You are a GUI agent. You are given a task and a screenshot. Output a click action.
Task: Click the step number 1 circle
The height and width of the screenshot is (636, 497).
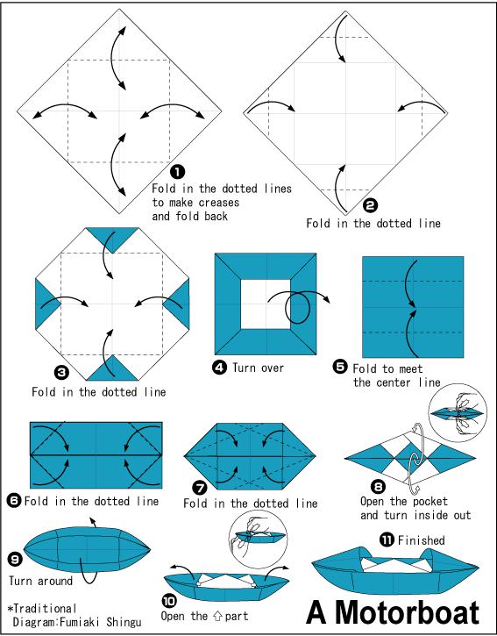(x=177, y=172)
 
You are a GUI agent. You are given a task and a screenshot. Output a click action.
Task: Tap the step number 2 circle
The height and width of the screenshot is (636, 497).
(x=370, y=206)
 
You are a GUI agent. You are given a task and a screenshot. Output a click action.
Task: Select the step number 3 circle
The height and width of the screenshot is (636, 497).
(x=61, y=372)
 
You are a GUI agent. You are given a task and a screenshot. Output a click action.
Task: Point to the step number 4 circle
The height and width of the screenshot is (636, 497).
(x=219, y=368)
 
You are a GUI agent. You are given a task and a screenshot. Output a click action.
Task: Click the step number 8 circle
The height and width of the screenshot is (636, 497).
(x=378, y=486)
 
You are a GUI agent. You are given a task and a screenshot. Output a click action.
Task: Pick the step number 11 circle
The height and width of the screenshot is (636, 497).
(x=387, y=540)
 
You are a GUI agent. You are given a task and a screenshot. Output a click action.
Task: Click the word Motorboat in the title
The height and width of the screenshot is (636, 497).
(x=408, y=612)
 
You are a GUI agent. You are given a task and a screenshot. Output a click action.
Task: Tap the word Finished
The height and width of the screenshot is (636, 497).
(x=422, y=540)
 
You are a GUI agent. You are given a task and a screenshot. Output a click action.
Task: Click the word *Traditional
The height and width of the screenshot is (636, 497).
(x=42, y=609)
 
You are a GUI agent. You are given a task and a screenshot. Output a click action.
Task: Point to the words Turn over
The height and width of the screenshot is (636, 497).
(x=258, y=368)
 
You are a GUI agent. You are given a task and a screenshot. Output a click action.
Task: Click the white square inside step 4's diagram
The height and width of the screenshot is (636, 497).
(x=266, y=304)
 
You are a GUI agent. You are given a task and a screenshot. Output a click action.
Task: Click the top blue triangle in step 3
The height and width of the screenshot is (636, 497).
(x=112, y=237)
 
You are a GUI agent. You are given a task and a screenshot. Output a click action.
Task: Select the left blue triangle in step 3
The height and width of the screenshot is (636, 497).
(x=46, y=304)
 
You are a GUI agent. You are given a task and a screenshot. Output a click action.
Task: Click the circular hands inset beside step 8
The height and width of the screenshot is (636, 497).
(x=458, y=413)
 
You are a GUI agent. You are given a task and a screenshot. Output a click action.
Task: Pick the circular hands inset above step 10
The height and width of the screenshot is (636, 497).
(x=259, y=539)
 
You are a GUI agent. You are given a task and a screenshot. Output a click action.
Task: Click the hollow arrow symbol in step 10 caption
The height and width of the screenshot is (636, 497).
(x=217, y=617)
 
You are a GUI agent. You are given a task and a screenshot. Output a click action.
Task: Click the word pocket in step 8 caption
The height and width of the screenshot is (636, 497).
(x=428, y=502)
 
